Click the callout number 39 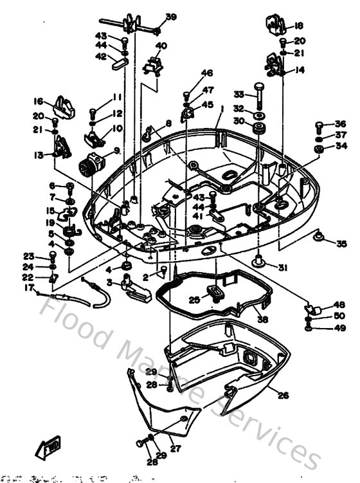coord(171,17)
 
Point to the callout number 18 coord(298,26)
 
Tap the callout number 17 coord(28,287)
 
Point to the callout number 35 coord(341,243)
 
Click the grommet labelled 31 coord(260,260)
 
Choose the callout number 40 coord(161,46)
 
